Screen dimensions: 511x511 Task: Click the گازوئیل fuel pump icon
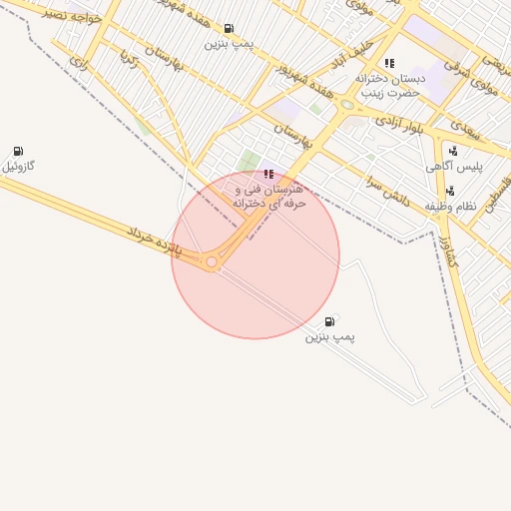18,151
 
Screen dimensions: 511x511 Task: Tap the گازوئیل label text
19,166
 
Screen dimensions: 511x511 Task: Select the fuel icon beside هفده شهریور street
230,29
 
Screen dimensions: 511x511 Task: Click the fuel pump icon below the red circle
330,321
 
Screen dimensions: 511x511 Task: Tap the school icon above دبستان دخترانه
388,64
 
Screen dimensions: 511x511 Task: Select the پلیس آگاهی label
460,168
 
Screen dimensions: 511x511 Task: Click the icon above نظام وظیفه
451,191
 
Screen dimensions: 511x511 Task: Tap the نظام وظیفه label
452,206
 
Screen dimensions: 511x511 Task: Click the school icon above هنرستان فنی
267,174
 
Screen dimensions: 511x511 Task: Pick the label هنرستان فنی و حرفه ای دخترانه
268,196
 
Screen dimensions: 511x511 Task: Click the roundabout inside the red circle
212,262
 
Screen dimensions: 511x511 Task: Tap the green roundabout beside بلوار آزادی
347,104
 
